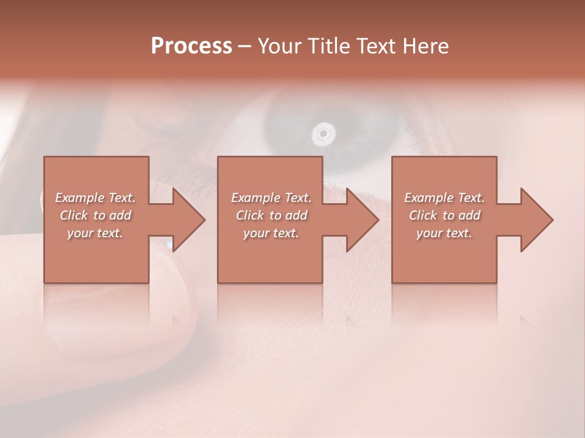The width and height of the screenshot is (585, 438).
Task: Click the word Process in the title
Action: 191,46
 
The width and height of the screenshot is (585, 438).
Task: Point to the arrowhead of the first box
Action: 188,220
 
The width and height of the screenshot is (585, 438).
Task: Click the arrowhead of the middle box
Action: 361,220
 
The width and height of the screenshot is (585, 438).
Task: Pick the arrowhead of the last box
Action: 536,220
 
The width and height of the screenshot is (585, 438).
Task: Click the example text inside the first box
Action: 96,215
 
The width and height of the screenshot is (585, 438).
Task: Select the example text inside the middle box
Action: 271,215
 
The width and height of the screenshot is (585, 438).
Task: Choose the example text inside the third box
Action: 444,215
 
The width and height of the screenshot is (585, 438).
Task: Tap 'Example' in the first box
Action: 79,198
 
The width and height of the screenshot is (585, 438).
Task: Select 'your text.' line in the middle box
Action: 271,233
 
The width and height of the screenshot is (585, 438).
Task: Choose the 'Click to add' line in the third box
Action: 444,215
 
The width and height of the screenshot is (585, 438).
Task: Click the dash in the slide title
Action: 245,46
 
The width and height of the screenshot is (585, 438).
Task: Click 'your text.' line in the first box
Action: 95,233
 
